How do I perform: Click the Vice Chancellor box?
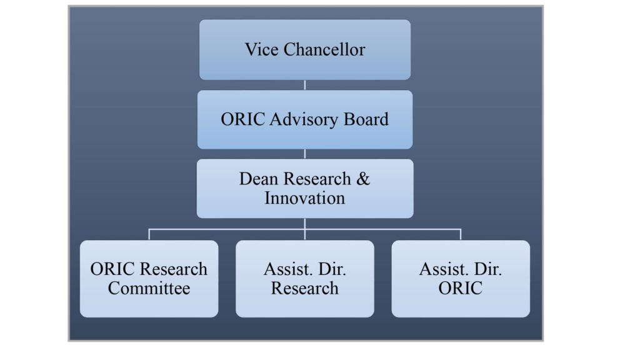305,49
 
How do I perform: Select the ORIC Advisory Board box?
305,119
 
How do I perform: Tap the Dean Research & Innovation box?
305,189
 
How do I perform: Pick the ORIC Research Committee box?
149,279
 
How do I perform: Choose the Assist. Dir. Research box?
305,279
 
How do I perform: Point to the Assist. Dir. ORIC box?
461,279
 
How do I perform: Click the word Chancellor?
324,49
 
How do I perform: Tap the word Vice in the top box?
262,49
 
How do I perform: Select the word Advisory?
304,119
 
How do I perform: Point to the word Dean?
258,179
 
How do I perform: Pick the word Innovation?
305,198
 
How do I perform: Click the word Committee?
149,288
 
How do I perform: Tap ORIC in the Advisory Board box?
243,119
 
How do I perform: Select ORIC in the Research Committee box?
112,269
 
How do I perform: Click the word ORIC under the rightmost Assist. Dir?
461,288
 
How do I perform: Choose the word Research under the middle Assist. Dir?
305,288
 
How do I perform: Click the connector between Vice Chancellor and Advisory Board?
305,85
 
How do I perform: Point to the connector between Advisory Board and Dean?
305,154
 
